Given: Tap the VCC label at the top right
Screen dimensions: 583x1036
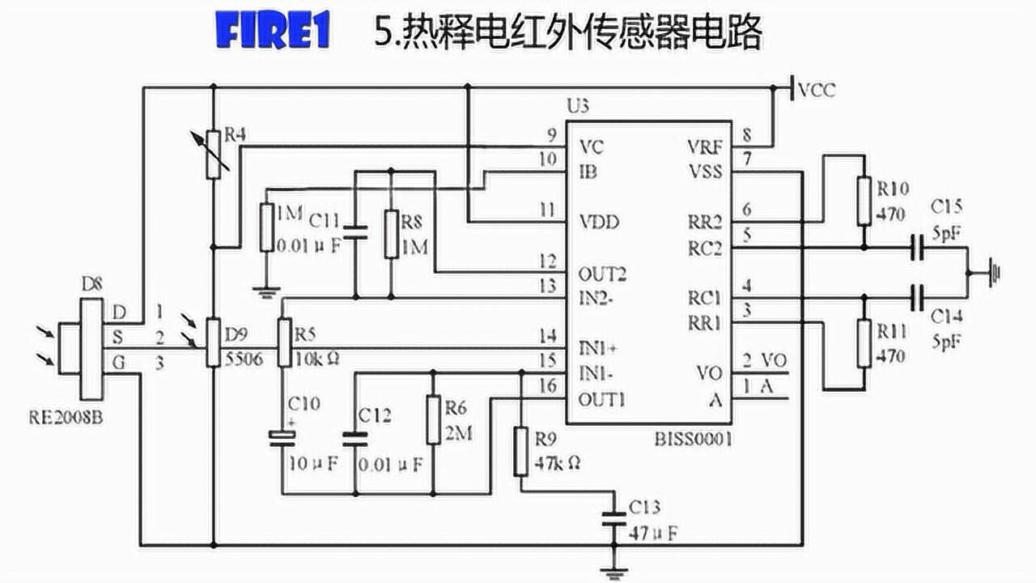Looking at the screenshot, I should pos(816,90).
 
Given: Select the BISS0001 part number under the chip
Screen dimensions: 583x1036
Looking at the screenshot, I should pos(694,440).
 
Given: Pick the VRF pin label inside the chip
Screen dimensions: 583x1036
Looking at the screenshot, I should pos(704,147).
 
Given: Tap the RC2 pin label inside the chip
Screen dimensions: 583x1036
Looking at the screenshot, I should pos(703,248).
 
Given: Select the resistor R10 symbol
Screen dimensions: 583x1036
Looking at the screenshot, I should pos(864,198).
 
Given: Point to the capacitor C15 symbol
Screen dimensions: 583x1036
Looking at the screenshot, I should pos(916,248).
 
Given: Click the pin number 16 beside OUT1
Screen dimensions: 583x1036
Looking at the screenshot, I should pos(549,386).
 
